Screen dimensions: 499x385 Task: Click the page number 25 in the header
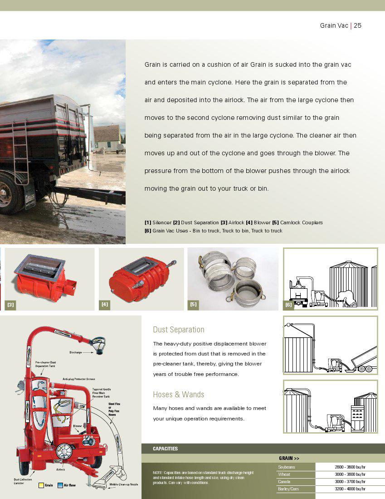[x=357, y=25]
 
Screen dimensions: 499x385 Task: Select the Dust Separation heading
[x=179, y=330]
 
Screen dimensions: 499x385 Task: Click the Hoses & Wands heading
[x=179, y=395]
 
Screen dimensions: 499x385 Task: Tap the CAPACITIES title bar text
[x=166, y=449]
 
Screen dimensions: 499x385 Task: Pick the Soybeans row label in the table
[x=287, y=467]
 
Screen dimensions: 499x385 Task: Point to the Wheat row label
[x=284, y=474]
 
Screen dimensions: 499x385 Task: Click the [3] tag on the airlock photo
[x=11, y=304]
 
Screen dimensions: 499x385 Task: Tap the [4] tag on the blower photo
[x=105, y=304]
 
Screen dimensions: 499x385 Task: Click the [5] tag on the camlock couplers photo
[x=194, y=304]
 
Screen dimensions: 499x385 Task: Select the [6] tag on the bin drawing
[x=288, y=305]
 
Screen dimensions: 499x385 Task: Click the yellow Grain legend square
[x=41, y=485]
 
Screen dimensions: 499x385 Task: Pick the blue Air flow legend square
[x=60, y=485]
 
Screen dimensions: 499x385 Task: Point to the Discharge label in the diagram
[x=76, y=352]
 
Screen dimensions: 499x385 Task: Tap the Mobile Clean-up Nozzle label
[x=124, y=484]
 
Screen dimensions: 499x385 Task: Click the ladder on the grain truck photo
[x=20, y=152]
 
